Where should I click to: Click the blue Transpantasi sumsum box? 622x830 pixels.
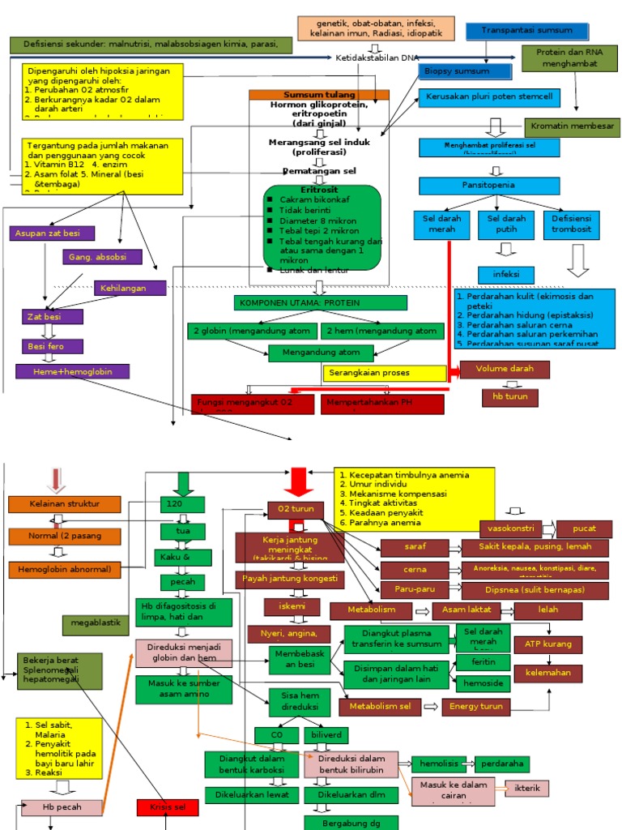[527, 32]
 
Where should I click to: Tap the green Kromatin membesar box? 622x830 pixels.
[573, 127]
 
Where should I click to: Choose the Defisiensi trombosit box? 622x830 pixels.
[571, 225]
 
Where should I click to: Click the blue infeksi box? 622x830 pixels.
[506, 274]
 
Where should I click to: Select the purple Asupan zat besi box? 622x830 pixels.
[53, 233]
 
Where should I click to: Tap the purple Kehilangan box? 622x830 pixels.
[130, 288]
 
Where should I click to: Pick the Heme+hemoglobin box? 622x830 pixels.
[72, 371]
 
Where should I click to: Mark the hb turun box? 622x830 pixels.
[505, 397]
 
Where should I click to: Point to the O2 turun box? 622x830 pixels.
[296, 509]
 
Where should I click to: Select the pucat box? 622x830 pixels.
[583, 529]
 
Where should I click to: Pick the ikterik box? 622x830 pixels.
[526, 788]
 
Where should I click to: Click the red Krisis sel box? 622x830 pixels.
[167, 807]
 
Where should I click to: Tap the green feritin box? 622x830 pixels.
[483, 662]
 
